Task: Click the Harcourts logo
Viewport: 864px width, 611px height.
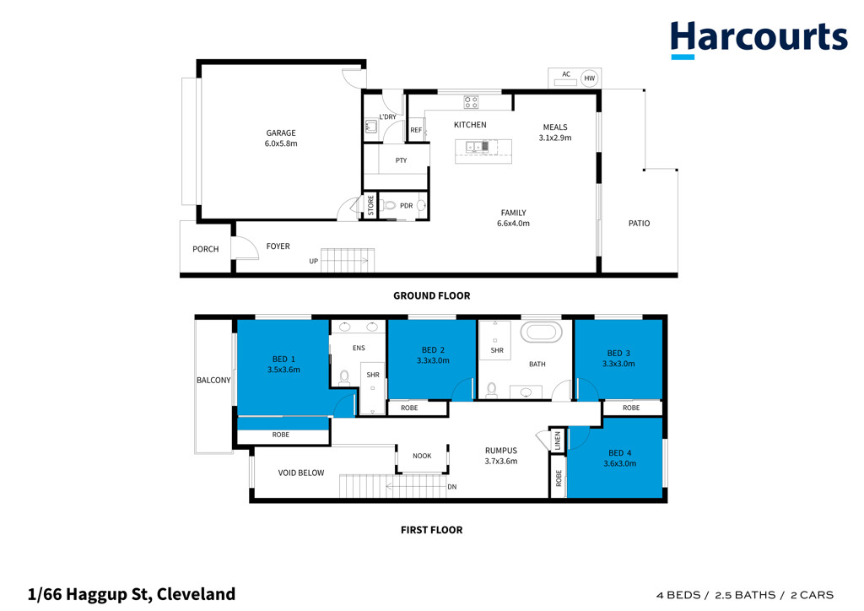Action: click(759, 39)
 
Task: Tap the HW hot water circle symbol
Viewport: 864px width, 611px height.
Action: click(590, 78)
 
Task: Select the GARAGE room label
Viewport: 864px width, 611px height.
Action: click(281, 132)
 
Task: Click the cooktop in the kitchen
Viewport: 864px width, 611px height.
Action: click(471, 102)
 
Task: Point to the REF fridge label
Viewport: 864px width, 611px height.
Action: click(416, 130)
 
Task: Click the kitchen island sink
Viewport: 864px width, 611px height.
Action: click(478, 147)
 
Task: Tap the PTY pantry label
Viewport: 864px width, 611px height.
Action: click(401, 160)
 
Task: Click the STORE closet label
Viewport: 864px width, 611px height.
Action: click(371, 205)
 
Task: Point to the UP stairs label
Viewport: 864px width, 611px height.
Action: click(314, 261)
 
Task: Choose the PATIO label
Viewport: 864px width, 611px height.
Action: click(640, 223)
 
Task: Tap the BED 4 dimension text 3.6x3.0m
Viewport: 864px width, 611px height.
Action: click(620, 463)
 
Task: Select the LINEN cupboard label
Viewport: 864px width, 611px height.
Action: click(558, 441)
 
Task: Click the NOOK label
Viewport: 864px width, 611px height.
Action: click(422, 456)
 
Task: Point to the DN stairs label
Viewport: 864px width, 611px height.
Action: click(452, 487)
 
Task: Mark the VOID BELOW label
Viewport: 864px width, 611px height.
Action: click(301, 473)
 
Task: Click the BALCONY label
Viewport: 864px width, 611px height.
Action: click(213, 380)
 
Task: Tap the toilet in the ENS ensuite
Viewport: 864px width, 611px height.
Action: click(344, 377)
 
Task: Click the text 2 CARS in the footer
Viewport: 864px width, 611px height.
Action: click(812, 595)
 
